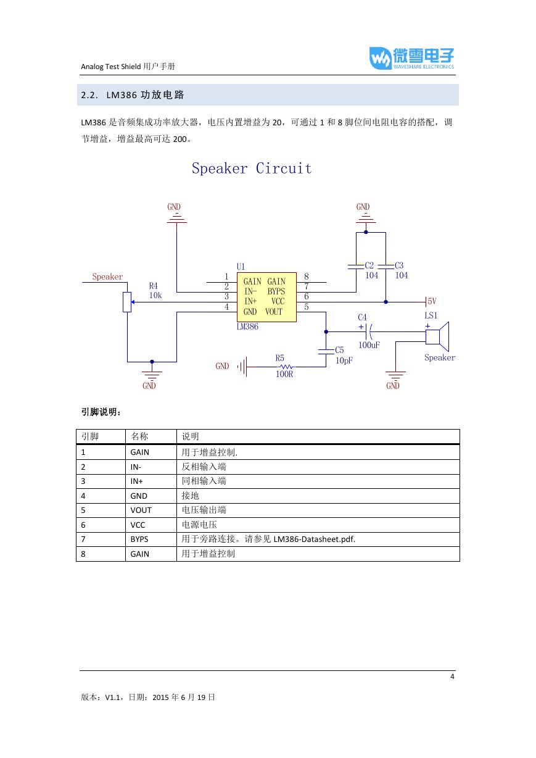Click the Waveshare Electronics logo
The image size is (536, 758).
[411, 58]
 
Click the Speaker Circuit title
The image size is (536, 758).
[252, 168]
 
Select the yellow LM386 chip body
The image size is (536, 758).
[266, 297]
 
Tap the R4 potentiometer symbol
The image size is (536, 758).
[127, 302]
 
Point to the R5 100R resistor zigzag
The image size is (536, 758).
[286, 367]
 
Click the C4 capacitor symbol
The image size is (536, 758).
[369, 331]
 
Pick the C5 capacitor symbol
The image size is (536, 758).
[326, 352]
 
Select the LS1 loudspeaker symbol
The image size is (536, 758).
[437, 336]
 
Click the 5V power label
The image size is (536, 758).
[432, 301]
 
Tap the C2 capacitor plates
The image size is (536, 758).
[356, 267]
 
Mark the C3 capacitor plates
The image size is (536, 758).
[386, 267]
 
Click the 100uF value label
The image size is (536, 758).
[369, 345]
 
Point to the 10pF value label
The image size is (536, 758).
[344, 360]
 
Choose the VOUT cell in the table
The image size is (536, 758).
[141, 510]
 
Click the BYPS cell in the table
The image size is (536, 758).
[139, 539]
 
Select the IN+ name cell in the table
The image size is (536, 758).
[136, 481]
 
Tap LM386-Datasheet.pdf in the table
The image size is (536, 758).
[314, 539]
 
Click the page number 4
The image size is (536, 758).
[452, 677]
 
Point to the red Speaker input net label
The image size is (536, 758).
[107, 277]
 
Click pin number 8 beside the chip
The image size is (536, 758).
[307, 276]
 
